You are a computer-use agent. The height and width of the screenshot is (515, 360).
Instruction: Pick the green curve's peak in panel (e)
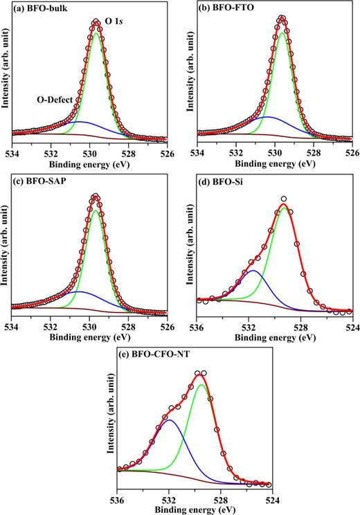tap(201, 385)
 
